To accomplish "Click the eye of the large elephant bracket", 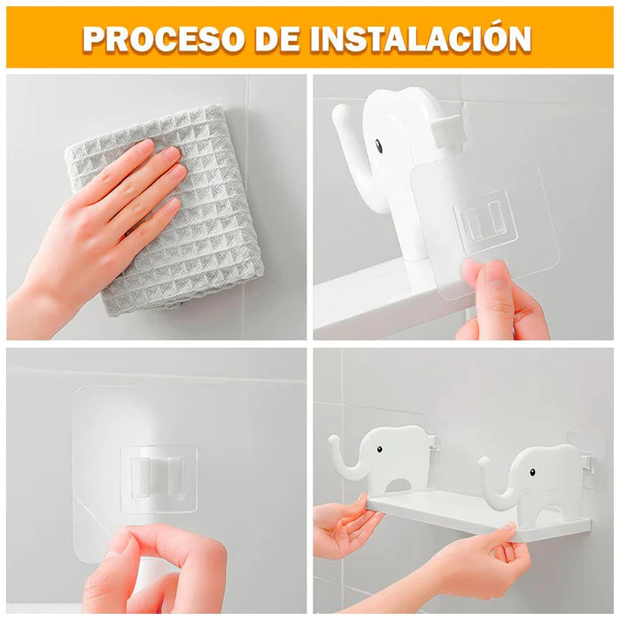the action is coord(378,145).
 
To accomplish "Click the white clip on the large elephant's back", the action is coord(446,130).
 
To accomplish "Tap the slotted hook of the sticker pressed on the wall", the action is coord(159,478).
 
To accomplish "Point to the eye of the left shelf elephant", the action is coord(379,449).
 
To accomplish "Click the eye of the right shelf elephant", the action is coord(532,472).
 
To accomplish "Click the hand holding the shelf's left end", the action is coord(344,524).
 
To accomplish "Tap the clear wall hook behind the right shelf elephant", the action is coord(587,461).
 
